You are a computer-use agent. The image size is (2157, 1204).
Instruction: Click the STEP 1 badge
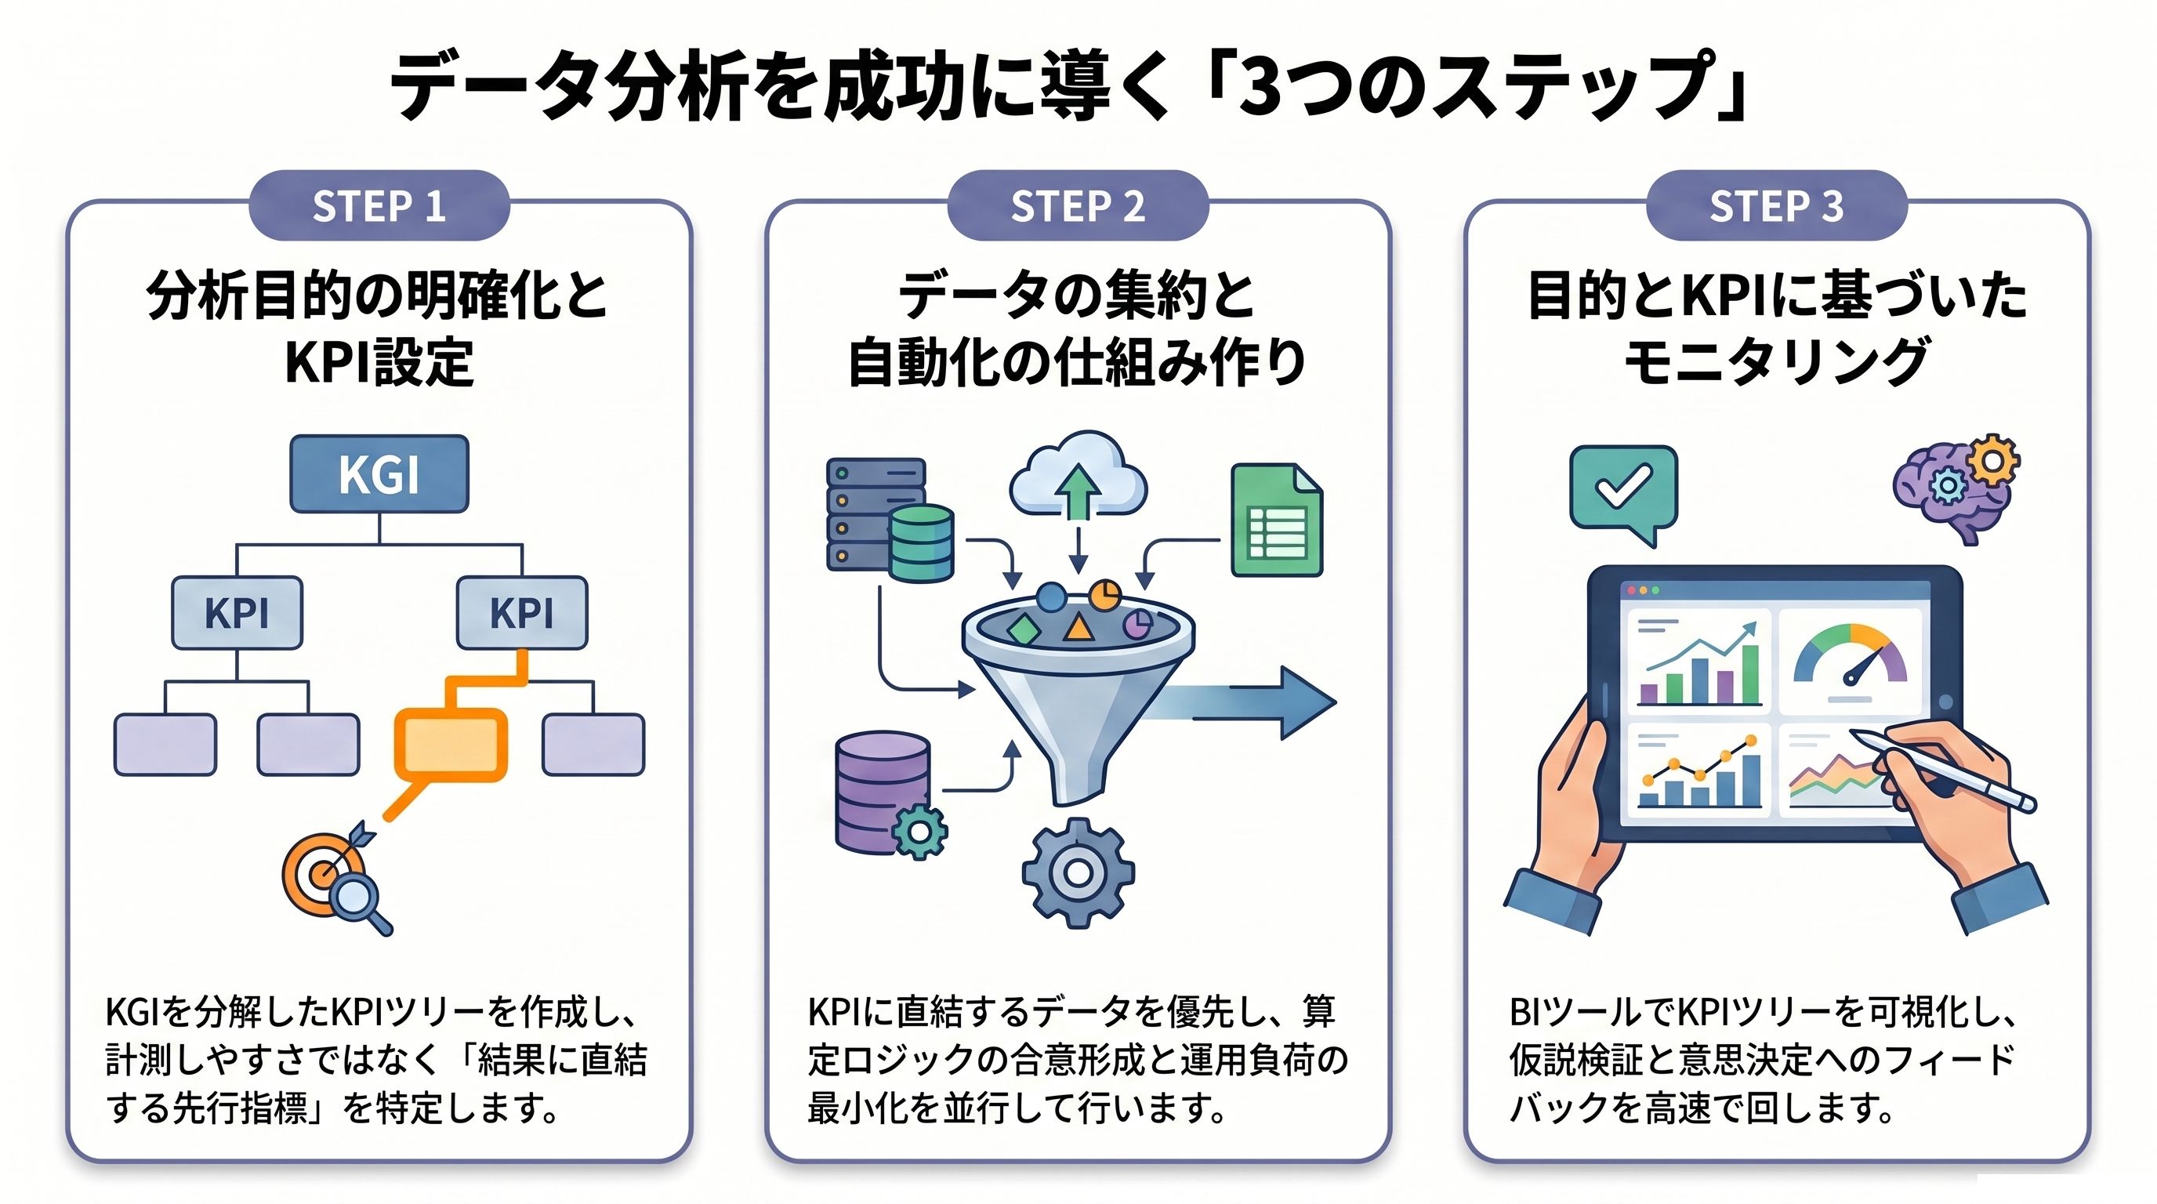tap(379, 206)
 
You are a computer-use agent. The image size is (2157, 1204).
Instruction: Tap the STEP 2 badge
tap(1078, 206)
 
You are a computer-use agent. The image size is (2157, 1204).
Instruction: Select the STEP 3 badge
tap(1776, 206)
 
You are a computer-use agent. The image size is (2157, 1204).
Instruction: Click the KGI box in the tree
tap(379, 474)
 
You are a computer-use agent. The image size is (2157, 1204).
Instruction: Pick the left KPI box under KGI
tap(237, 613)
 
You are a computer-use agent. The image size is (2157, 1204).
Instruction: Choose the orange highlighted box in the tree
tap(451, 745)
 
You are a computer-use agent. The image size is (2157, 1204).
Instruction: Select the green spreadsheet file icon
tap(1277, 520)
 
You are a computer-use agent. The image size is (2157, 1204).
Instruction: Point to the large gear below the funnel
tap(1078, 873)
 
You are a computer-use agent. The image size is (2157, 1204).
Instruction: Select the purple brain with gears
tap(1956, 489)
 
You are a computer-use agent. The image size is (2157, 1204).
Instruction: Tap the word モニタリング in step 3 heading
tap(1777, 361)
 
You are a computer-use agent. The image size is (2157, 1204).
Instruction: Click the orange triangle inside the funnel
tap(1078, 628)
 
